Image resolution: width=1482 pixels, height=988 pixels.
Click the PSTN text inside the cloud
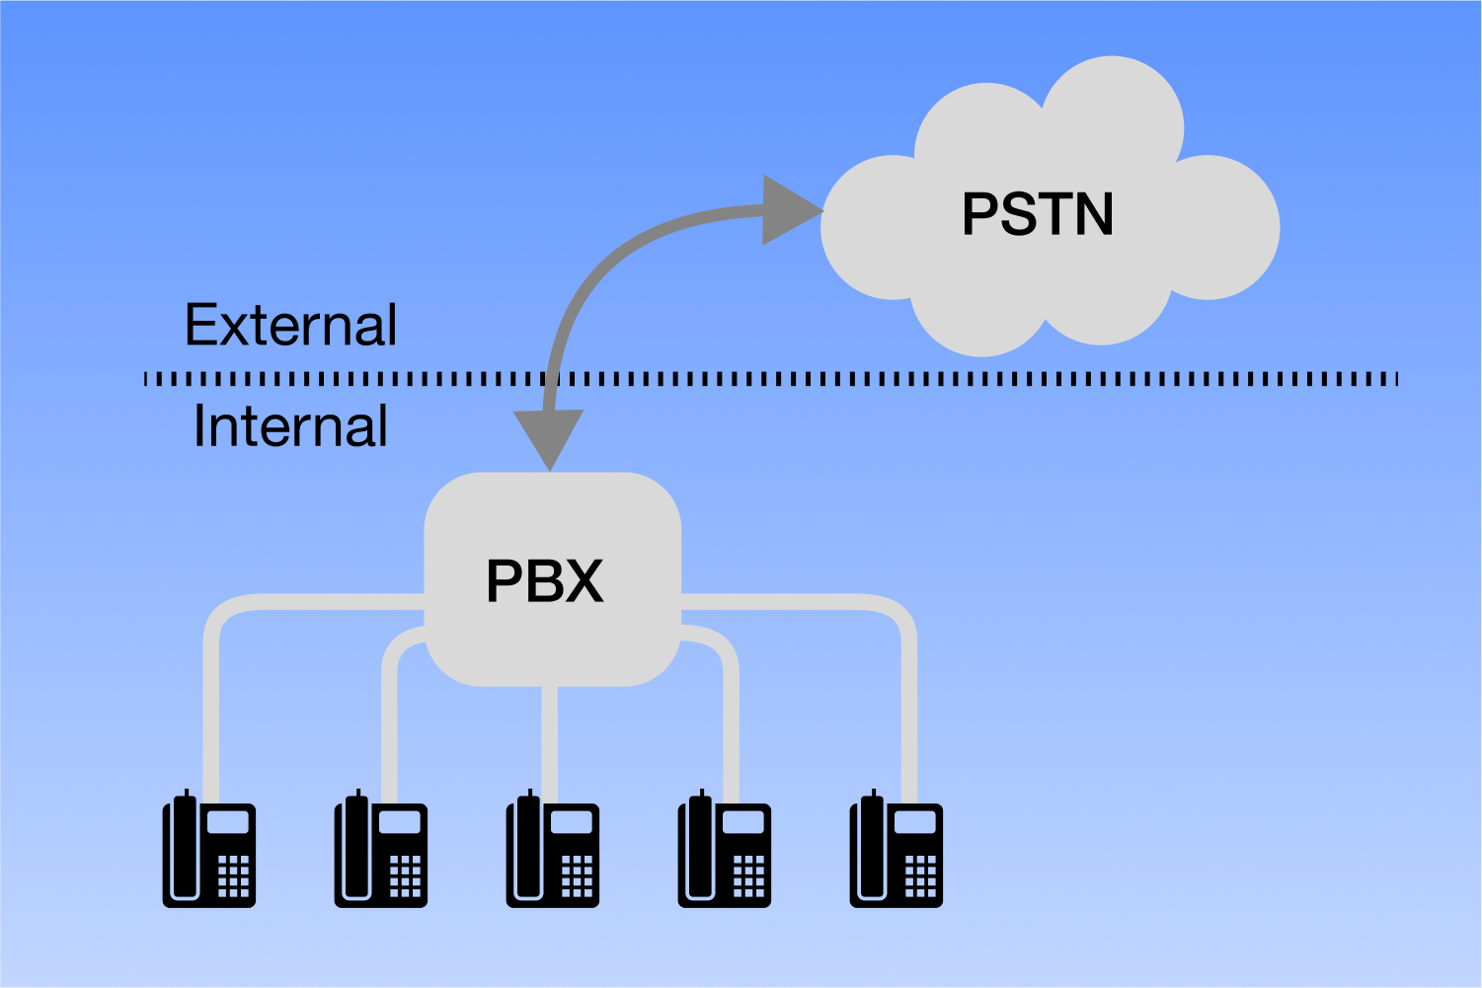click(x=1038, y=214)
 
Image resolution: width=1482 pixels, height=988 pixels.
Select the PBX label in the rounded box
click(x=544, y=580)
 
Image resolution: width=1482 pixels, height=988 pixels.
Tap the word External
click(x=290, y=325)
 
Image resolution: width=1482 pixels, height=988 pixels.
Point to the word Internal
click(x=290, y=426)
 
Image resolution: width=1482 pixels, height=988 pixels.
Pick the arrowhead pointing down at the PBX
click(x=549, y=437)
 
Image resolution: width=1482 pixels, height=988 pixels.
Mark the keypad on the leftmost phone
click(x=233, y=875)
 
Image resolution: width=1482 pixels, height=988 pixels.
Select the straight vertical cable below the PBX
click(x=550, y=740)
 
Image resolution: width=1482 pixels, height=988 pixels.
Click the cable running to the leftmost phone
click(x=211, y=711)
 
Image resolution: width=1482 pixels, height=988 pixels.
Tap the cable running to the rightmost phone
click(x=909, y=711)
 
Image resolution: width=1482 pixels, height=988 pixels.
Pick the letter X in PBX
click(x=584, y=580)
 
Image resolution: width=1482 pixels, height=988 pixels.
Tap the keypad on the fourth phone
click(x=748, y=875)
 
